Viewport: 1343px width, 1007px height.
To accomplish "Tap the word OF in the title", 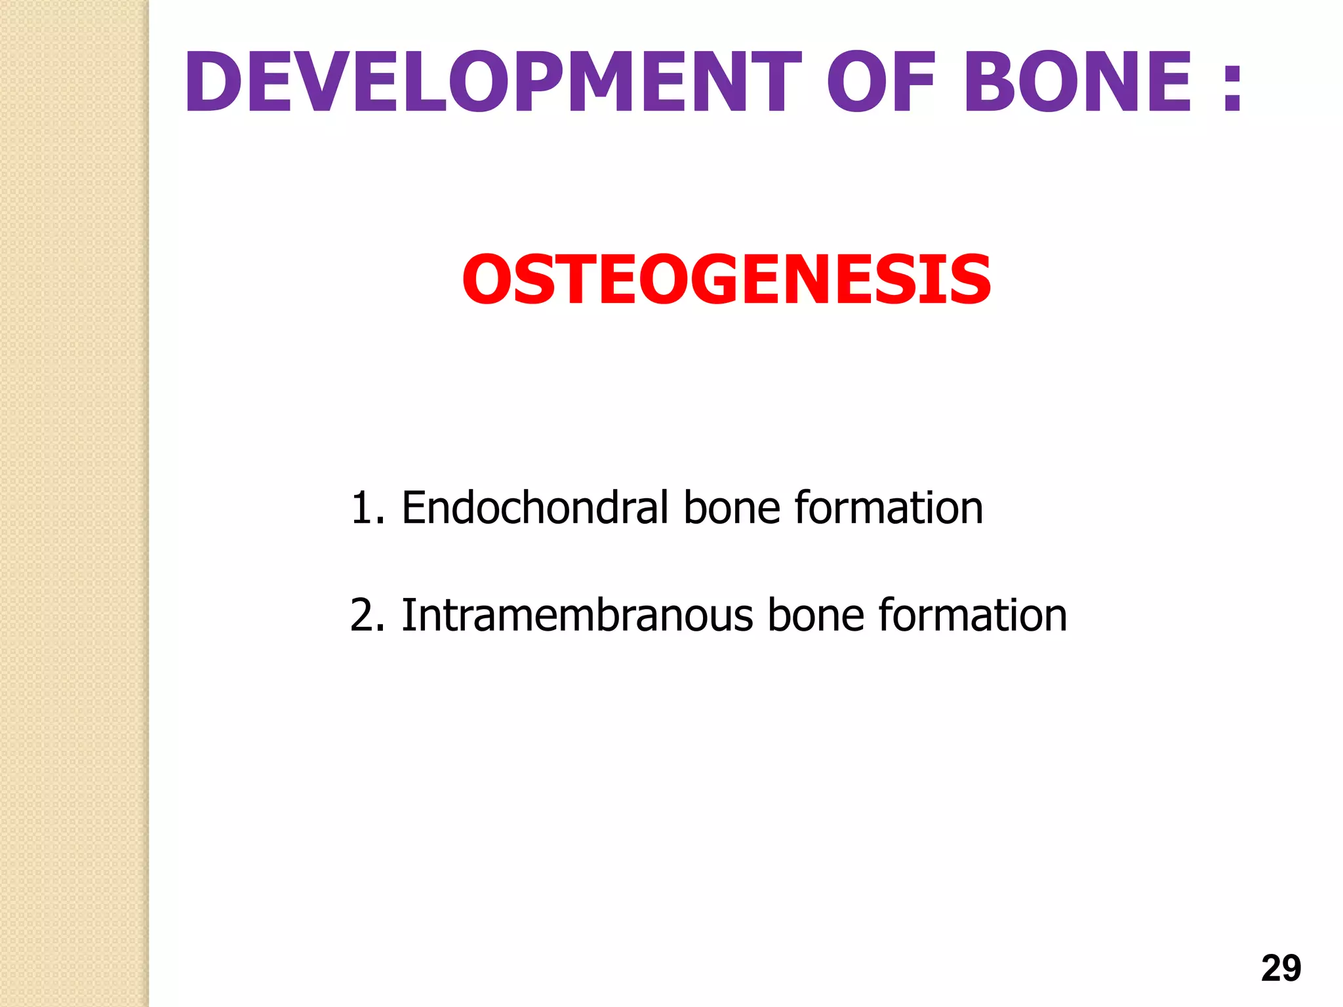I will pos(880,83).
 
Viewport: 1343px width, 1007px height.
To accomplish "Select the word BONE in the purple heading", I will pos(1077,83).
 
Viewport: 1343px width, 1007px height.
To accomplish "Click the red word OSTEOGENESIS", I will pos(727,281).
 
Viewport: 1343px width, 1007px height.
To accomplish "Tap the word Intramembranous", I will pos(577,616).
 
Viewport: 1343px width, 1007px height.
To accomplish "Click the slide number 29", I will pos(1281,968).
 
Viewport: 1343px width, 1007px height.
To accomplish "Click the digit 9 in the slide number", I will pos(1291,968).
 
